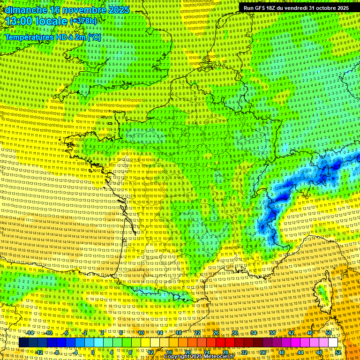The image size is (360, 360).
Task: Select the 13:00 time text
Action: click(x=21, y=21)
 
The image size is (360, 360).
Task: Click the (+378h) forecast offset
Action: click(x=83, y=21)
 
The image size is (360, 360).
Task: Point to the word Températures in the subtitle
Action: click(x=28, y=37)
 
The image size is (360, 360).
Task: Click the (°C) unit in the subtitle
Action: click(x=93, y=37)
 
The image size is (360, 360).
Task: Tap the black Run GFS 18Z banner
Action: click(x=296, y=8)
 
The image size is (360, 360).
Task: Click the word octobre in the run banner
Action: click(x=322, y=8)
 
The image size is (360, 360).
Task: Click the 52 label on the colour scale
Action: click(x=338, y=352)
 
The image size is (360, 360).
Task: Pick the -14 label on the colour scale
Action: click(x=30, y=333)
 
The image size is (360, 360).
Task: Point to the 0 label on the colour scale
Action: click(x=93, y=352)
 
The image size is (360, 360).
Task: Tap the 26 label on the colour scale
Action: click(x=216, y=333)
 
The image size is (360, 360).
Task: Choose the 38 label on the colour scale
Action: click(x=272, y=333)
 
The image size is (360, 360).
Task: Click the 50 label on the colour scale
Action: click(x=329, y=333)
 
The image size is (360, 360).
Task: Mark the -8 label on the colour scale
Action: click(x=57, y=352)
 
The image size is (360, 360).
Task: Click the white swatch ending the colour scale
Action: click(x=333, y=343)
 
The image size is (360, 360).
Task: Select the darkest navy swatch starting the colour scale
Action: click(x=23, y=343)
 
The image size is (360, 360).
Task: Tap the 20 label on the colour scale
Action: click(x=187, y=352)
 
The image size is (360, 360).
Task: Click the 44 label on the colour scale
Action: click(x=300, y=352)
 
